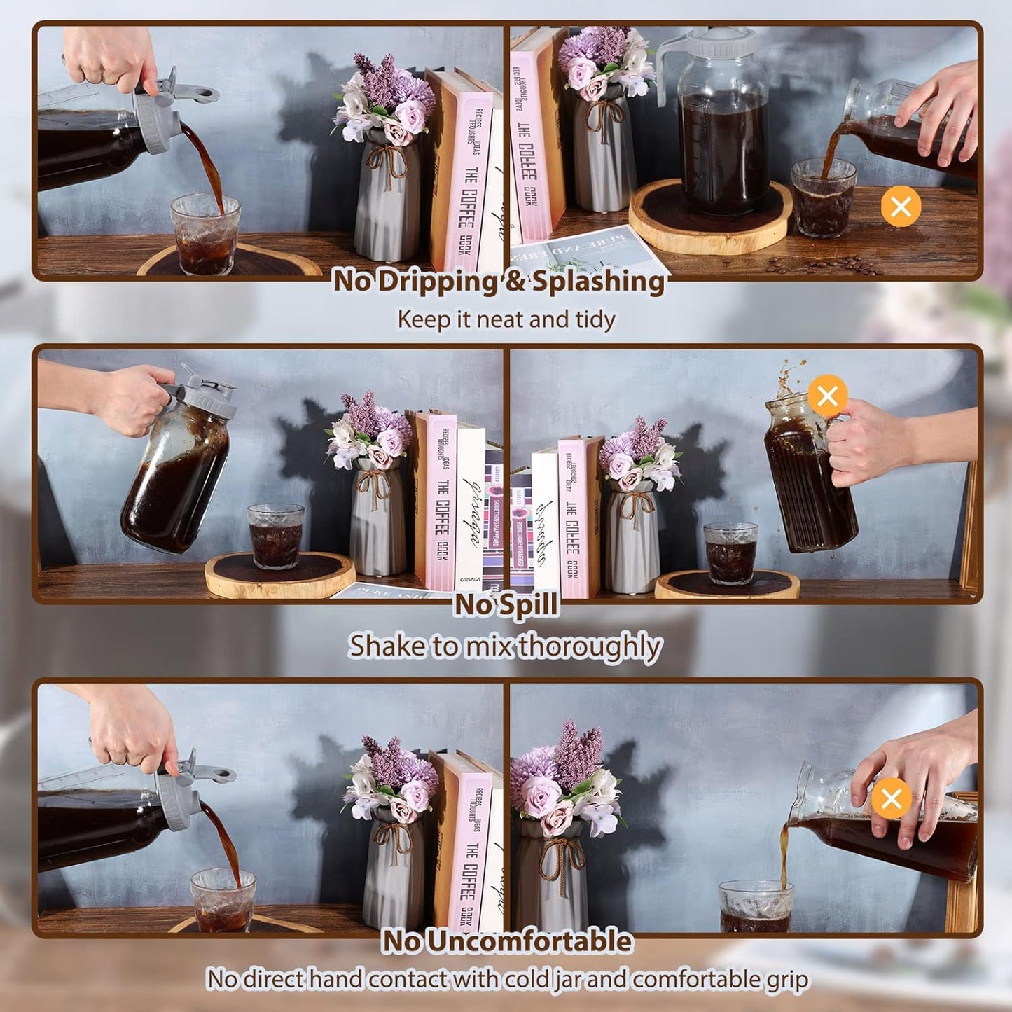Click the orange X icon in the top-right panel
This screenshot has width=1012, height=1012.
pyautogui.click(x=901, y=207)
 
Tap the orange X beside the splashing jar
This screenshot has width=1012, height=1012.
pyautogui.click(x=827, y=396)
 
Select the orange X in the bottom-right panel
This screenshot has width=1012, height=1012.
pyautogui.click(x=891, y=798)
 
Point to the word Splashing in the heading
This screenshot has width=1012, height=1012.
pyautogui.click(x=599, y=282)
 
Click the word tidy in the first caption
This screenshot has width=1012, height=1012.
pyautogui.click(x=595, y=319)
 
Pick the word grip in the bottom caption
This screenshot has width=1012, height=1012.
pyautogui.click(x=787, y=979)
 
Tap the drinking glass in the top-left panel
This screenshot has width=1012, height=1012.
pyautogui.click(x=205, y=235)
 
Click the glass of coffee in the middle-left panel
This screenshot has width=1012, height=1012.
pyautogui.click(x=275, y=536)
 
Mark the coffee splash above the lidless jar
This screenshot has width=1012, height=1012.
pyautogui.click(x=790, y=377)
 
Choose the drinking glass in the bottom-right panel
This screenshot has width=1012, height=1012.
pyautogui.click(x=756, y=907)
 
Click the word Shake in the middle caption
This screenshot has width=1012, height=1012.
pyautogui.click(x=387, y=646)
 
